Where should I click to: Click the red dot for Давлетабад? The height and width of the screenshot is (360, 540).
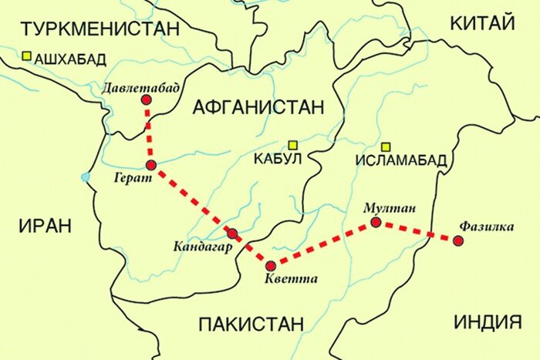pyautogui.click(x=146, y=100)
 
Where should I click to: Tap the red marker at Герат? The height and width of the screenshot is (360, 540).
pyautogui.click(x=151, y=166)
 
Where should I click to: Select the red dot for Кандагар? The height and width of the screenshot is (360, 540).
pyautogui.click(x=232, y=233)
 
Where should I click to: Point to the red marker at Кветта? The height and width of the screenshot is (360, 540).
pyautogui.click(x=270, y=265)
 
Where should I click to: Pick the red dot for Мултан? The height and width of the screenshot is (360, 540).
pyautogui.click(x=376, y=223)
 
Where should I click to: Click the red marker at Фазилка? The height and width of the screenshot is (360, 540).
pyautogui.click(x=458, y=241)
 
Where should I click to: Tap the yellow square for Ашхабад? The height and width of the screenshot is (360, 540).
pyautogui.click(x=26, y=56)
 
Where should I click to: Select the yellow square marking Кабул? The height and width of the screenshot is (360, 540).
pyautogui.click(x=293, y=144)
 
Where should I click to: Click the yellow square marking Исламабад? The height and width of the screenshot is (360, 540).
pyautogui.click(x=386, y=147)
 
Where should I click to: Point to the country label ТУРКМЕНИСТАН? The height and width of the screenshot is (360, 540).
pyautogui.click(x=100, y=29)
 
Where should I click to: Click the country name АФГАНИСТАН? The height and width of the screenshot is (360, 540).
pyautogui.click(x=258, y=107)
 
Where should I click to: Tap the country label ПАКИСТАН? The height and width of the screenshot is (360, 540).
pyautogui.click(x=251, y=324)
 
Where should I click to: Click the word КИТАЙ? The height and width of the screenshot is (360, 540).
pyautogui.click(x=481, y=23)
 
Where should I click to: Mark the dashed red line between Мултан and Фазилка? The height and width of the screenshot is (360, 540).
pyautogui.click(x=417, y=232)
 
